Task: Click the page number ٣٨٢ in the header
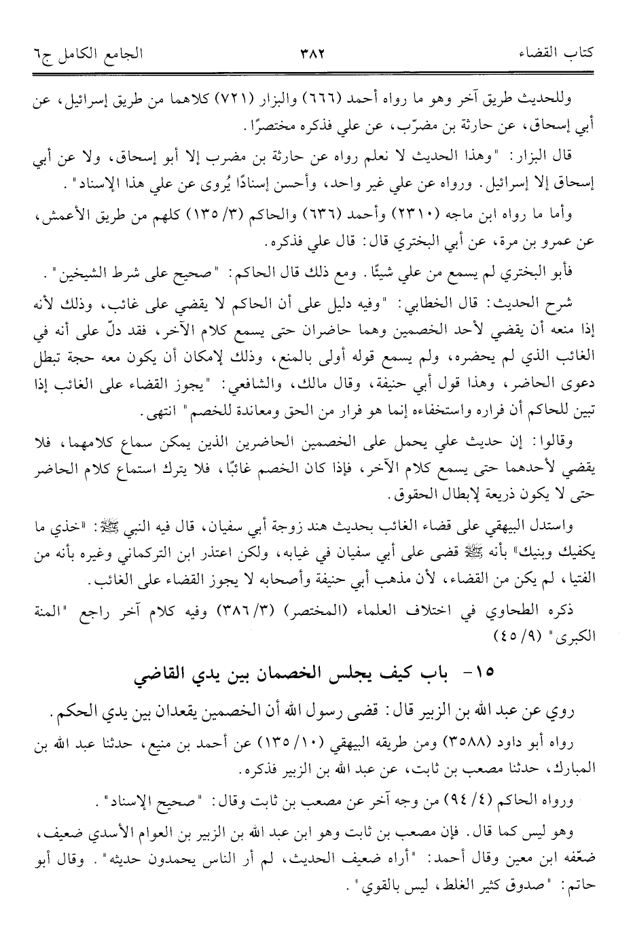[314, 52]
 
